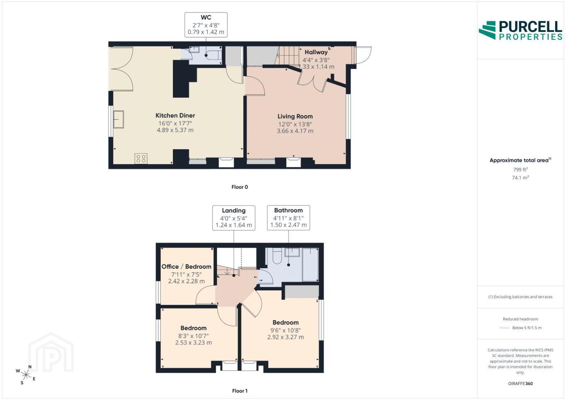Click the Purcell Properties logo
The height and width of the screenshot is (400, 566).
pos(520,30)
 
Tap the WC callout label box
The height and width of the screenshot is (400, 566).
pos(206,25)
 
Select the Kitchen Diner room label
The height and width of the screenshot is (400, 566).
pos(175,116)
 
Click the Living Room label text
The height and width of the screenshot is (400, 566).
pos(295,116)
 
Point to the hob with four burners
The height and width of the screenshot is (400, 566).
pos(141,159)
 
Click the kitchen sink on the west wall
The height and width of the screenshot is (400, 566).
pos(119,119)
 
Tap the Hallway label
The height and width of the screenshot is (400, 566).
pos(316,52)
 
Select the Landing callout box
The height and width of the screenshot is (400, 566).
pos(234,218)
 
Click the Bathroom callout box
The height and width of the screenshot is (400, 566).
pos(288,218)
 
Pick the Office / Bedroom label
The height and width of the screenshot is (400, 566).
pos(186,267)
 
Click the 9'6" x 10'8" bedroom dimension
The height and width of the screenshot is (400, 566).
pos(285,330)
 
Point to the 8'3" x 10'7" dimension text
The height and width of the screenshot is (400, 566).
pos(193,336)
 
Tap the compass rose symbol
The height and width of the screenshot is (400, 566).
pos(26,375)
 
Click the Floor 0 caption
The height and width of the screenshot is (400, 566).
pos(240,187)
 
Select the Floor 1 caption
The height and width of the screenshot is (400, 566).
pos(240,391)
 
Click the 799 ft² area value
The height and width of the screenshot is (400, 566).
pos(520,170)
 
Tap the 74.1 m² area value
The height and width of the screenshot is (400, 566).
pos(520,177)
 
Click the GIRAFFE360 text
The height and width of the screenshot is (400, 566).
pos(520,384)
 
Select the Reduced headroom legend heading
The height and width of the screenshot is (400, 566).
pos(520,319)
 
